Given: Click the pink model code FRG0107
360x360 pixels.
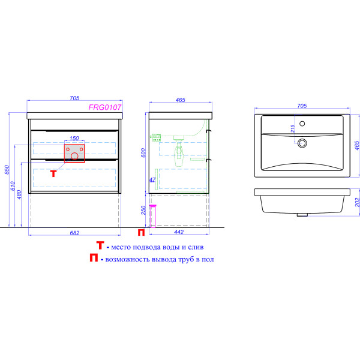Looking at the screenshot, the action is [104, 107].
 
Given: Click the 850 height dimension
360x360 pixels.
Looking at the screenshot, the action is [7, 169].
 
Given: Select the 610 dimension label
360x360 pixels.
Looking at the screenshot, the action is [13, 186].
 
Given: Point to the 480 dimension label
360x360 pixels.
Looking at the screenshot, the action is [19, 194].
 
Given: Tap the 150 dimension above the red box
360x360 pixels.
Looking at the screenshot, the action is [74, 138].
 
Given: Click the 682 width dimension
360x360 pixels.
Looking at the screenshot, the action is [74, 233].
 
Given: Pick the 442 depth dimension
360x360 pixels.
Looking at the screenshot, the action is [179, 232].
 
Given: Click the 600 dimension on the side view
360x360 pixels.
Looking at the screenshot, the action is [143, 153].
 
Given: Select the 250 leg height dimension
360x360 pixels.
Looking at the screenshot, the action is [143, 210].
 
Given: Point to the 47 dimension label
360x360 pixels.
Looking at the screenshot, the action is [152, 180].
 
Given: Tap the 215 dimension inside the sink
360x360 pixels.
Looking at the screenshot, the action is [293, 129].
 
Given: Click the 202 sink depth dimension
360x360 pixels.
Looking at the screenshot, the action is [357, 202].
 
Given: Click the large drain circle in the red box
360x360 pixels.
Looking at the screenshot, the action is [74, 156].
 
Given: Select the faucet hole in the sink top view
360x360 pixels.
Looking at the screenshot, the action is [302, 124].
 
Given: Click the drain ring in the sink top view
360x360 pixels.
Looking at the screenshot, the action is [302, 143].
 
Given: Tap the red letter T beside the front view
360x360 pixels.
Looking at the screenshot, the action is [53, 173].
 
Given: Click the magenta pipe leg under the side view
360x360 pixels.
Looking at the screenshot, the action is [152, 216].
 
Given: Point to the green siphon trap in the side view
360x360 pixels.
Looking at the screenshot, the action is [179, 151].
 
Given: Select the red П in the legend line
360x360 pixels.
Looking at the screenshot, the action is [94, 257].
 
